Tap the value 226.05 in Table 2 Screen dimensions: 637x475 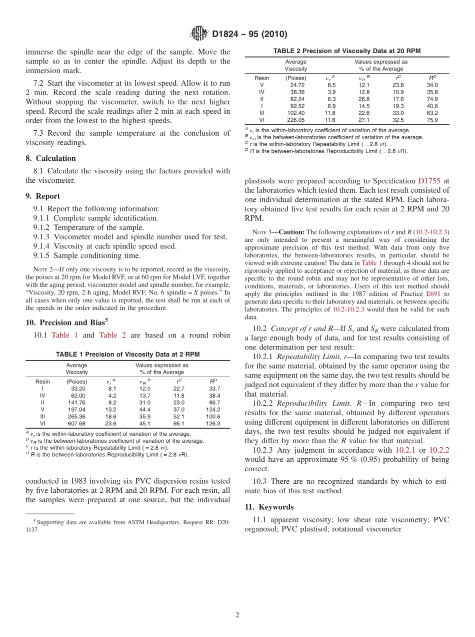click(x=297, y=120)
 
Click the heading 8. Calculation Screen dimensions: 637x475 click(x=51, y=158)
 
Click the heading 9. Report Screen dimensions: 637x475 click(x=43, y=196)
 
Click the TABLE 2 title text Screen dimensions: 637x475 click(x=346, y=51)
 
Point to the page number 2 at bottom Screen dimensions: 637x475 click(x=237, y=615)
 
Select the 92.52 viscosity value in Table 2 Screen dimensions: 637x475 click(x=297, y=106)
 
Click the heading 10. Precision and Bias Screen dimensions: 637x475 click(x=65, y=323)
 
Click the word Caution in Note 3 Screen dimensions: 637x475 click(x=291, y=232)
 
